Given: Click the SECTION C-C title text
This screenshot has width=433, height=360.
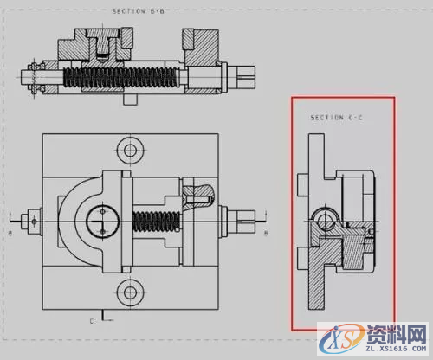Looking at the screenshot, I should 337,117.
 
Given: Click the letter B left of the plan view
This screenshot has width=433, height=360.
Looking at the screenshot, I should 10,233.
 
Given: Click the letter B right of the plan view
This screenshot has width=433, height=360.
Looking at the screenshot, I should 265,233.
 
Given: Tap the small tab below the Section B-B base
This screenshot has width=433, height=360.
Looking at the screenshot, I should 130,100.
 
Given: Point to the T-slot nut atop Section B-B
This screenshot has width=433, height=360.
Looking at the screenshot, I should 104,42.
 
